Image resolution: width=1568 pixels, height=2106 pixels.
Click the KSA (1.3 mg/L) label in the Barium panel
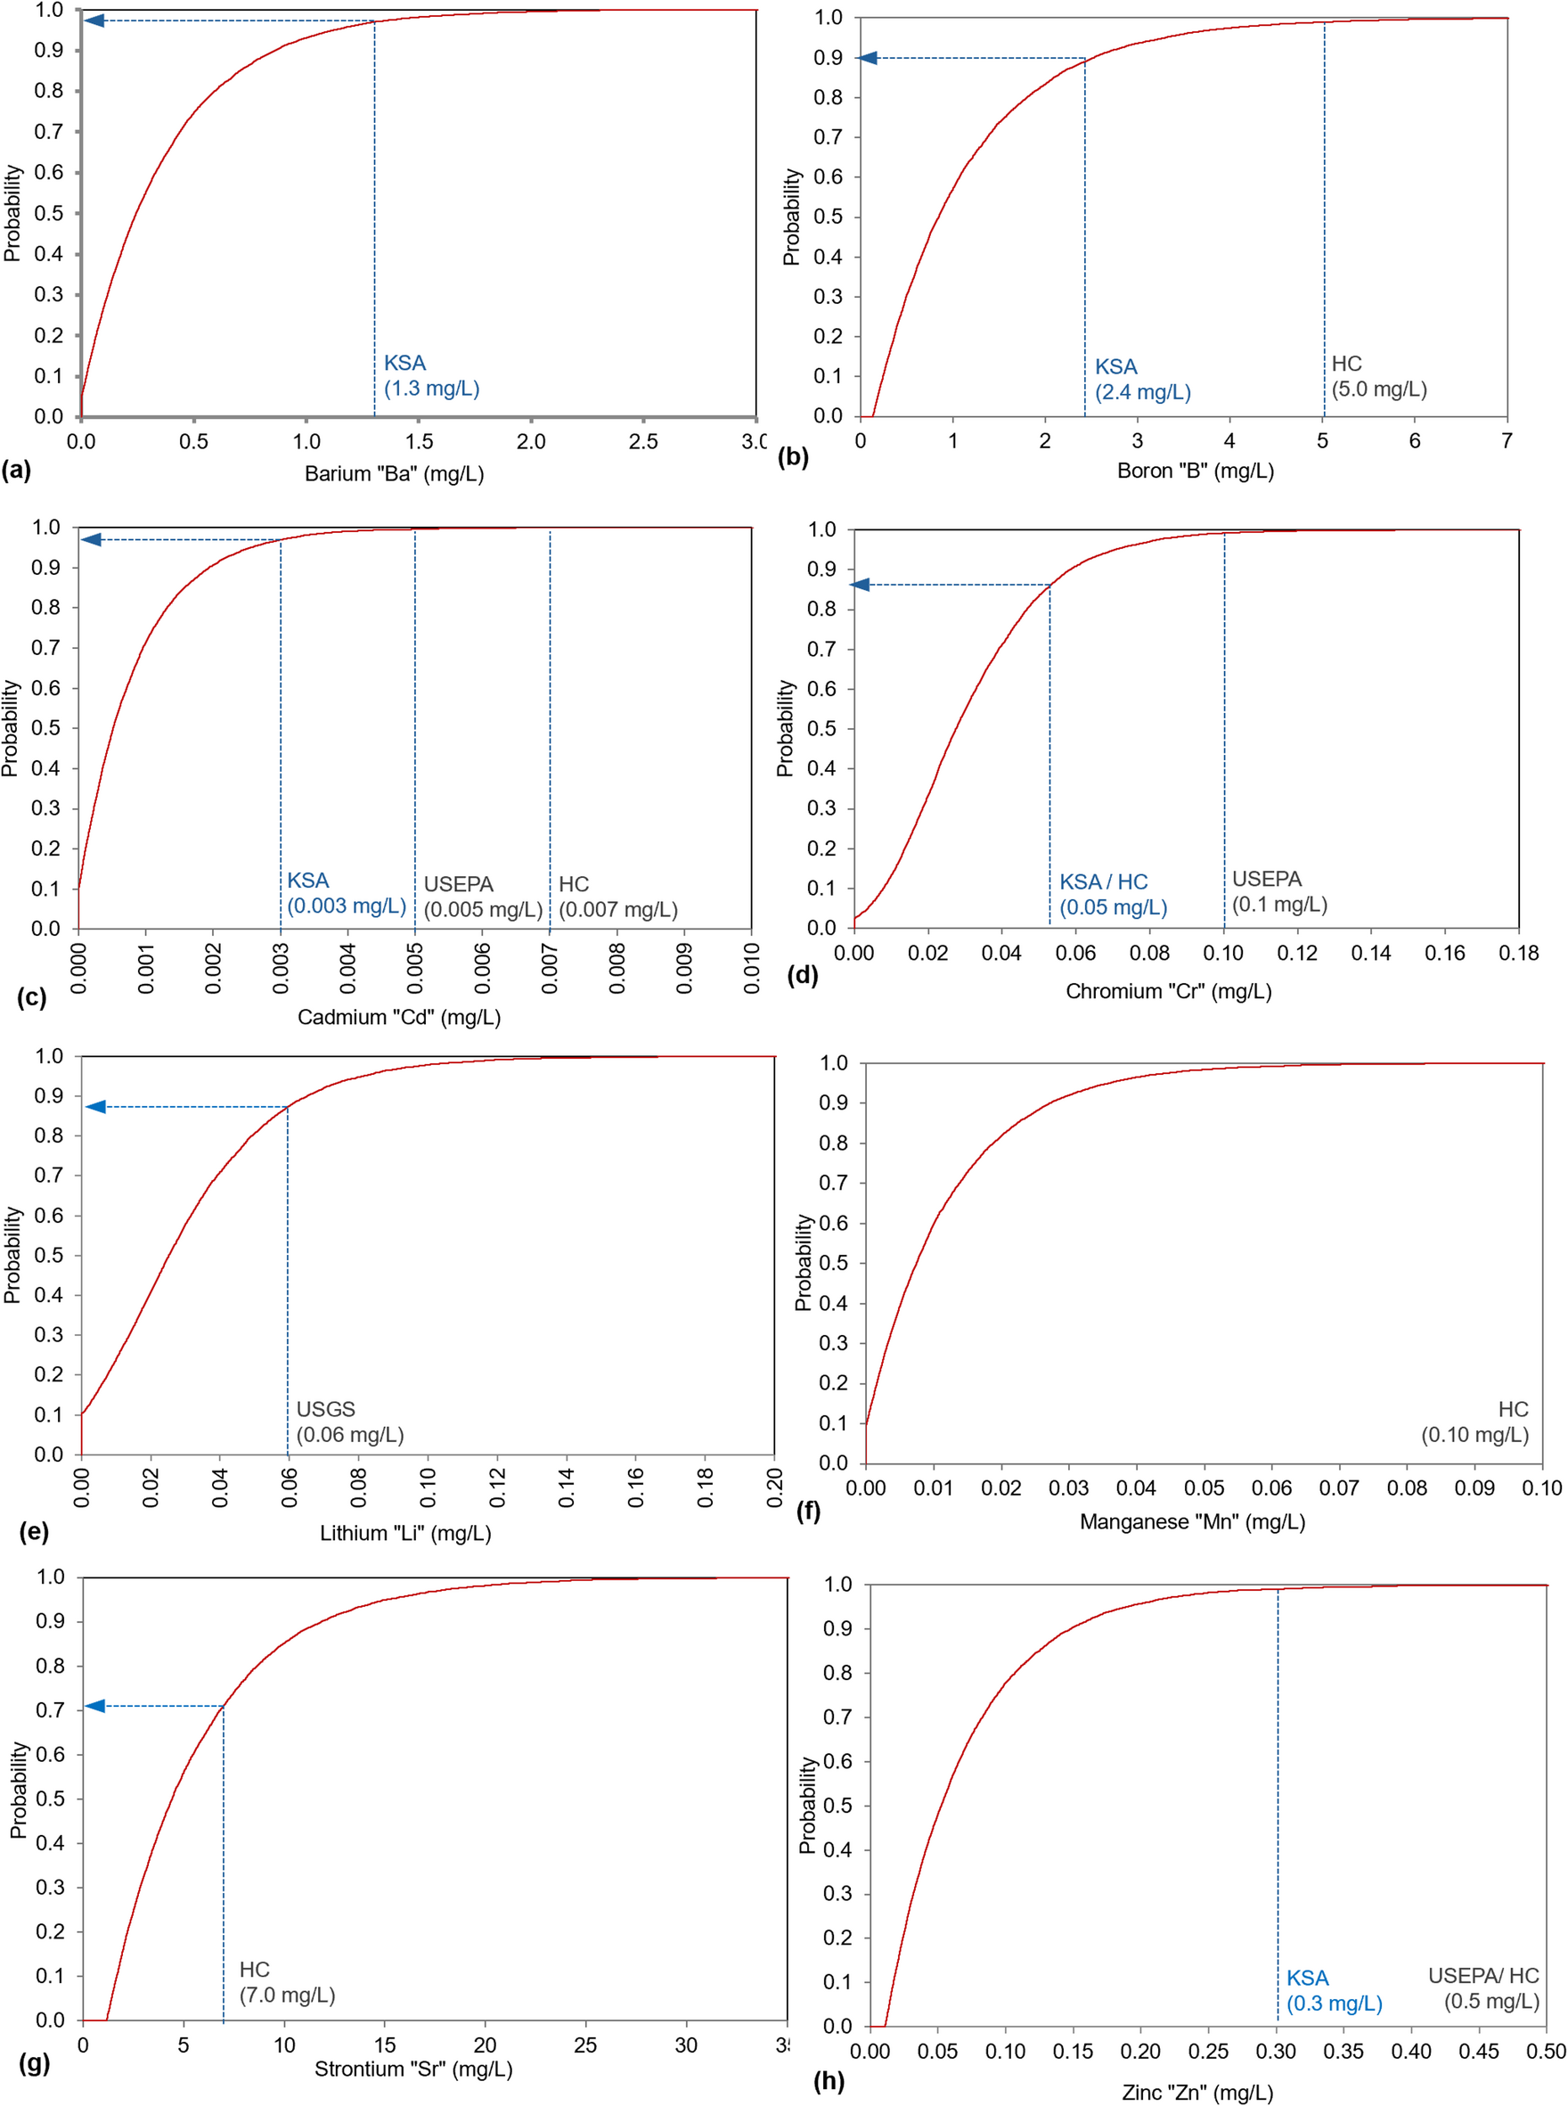(431, 376)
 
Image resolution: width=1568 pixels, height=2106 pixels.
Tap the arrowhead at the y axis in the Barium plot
(94, 20)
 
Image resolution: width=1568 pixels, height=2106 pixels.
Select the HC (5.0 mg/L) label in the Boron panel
(1378, 377)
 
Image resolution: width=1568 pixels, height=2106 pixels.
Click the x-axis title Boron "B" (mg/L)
(1195, 471)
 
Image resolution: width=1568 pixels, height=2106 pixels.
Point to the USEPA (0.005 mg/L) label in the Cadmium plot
(482, 897)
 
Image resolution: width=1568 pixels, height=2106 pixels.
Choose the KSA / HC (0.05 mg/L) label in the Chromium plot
(1113, 895)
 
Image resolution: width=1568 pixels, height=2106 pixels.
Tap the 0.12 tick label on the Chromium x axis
(1296, 954)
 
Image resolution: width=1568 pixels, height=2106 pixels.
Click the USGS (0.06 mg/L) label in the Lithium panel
(349, 1422)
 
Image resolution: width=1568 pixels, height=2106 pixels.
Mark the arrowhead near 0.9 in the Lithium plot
(96, 1107)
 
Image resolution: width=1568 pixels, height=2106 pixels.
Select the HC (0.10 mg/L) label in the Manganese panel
(1475, 1422)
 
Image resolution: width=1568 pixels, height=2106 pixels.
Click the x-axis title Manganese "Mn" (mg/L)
(1192, 1522)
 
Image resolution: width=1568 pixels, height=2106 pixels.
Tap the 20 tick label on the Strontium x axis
(484, 2045)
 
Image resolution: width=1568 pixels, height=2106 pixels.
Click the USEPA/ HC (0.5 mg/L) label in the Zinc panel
(1482, 1988)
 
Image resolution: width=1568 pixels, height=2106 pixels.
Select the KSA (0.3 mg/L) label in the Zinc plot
(1334, 1991)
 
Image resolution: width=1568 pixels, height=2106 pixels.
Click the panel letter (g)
(34, 2062)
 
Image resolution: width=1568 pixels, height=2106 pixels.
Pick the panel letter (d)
(802, 975)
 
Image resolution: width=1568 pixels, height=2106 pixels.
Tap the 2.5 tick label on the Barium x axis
(642, 441)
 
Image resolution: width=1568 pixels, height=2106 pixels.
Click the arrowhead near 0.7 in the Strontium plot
(96, 1706)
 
